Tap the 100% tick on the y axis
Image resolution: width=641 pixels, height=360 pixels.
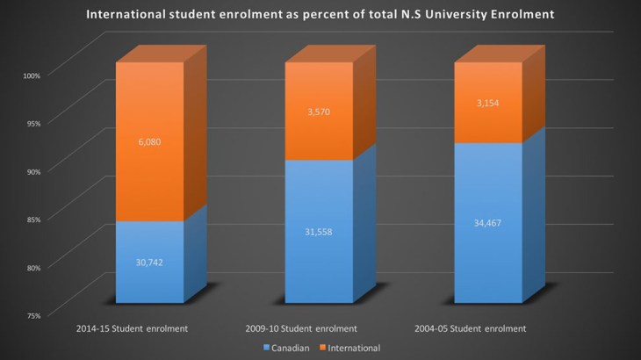[32, 75]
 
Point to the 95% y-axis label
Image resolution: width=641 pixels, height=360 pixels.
[32, 123]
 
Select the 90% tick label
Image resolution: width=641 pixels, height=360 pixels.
[32, 171]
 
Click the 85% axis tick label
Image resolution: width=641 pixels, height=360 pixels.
[32, 219]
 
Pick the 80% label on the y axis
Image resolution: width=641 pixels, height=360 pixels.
[32, 267]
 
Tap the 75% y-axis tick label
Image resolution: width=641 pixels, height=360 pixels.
[32, 314]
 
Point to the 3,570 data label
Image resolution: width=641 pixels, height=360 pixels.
[319, 112]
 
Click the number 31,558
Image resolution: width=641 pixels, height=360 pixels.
[319, 232]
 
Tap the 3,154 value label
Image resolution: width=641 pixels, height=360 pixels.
[486, 103]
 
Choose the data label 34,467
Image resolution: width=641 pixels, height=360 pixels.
[486, 223]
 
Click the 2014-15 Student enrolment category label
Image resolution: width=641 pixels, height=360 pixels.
[132, 328]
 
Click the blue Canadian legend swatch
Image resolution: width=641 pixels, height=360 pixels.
[265, 348]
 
